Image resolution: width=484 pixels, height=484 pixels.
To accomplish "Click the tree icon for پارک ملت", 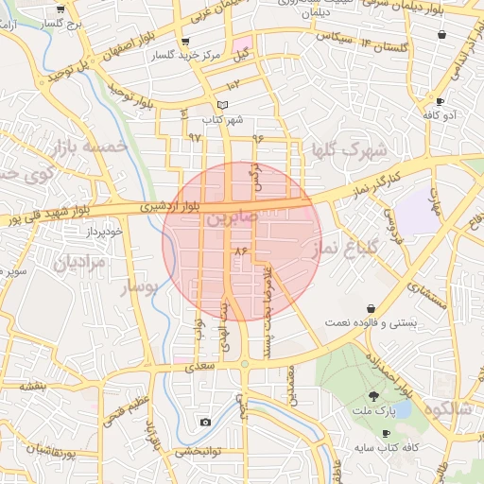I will coord(375,396).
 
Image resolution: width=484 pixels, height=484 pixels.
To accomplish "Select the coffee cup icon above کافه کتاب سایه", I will coord(386,432).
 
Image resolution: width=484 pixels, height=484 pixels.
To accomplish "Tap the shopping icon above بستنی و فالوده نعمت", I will coord(371,307).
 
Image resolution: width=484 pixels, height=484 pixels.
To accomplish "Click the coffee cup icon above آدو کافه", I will coord(440,100).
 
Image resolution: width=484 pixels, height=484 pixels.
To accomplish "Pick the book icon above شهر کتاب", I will coord(222,105).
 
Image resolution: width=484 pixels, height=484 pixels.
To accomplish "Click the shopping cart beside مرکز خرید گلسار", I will coord(183,42).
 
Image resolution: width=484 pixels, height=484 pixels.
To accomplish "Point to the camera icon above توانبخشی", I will coord(205,422).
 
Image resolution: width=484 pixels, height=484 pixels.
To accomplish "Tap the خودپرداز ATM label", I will coord(96,231).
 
